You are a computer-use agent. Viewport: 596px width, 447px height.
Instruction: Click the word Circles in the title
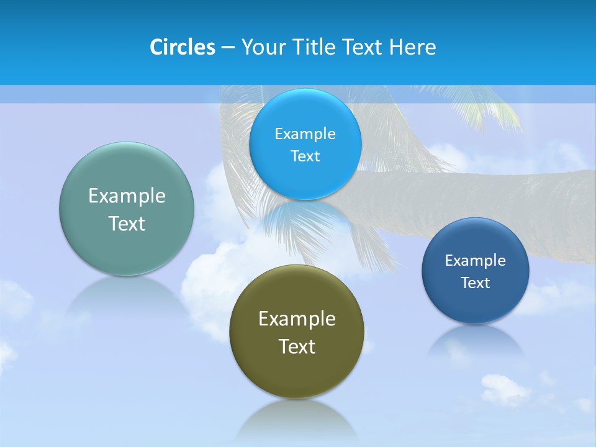183,47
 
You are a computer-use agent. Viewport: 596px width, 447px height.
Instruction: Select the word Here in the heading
412,47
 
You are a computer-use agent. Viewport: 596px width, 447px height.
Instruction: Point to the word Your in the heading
263,47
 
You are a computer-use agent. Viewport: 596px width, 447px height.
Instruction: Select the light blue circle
305,180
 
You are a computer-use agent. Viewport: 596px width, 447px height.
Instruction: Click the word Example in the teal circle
127,196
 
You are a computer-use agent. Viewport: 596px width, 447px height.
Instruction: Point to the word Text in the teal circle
127,223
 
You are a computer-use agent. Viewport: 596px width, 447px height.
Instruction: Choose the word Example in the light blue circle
305,133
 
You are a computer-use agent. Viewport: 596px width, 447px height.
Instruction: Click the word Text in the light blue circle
305,156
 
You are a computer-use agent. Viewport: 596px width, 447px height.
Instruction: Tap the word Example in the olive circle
297,319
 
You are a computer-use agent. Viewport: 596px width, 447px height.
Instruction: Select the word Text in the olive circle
297,346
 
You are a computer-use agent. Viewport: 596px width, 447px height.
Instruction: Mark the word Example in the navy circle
476,260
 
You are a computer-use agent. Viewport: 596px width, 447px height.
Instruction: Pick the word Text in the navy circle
476,283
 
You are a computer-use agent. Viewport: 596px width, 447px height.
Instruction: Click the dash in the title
227,47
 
